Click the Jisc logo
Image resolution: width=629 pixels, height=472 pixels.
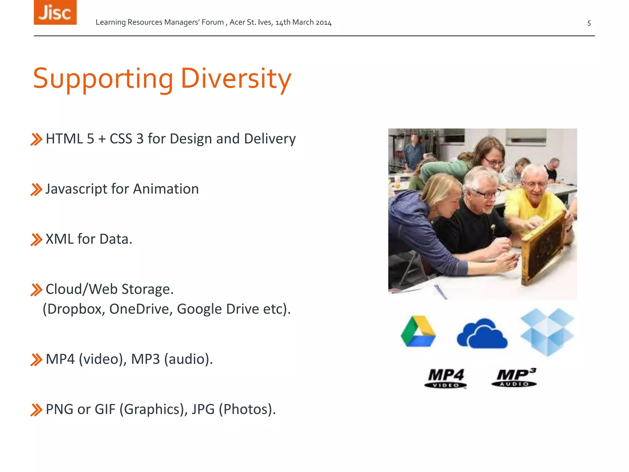coord(55,12)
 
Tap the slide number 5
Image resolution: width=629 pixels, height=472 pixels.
coord(589,23)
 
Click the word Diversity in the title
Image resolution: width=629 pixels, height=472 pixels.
coord(236,79)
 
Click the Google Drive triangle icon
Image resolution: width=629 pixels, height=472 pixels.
coord(418,332)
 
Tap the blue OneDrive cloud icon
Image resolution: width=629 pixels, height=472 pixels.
coord(482,334)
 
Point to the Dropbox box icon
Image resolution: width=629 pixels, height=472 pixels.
coord(547,332)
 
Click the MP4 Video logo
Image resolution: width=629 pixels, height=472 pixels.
coord(446,378)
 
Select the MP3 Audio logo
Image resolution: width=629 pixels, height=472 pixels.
coord(514,377)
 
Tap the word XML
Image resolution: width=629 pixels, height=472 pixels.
coord(59,239)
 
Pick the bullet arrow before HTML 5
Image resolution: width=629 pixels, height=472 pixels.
coord(36,139)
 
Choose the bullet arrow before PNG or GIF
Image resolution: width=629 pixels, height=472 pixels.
coord(36,410)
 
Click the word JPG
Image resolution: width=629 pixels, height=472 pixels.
coord(203,409)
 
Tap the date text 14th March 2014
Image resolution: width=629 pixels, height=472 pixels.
coord(303,22)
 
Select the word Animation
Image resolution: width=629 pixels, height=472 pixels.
coord(166,189)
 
